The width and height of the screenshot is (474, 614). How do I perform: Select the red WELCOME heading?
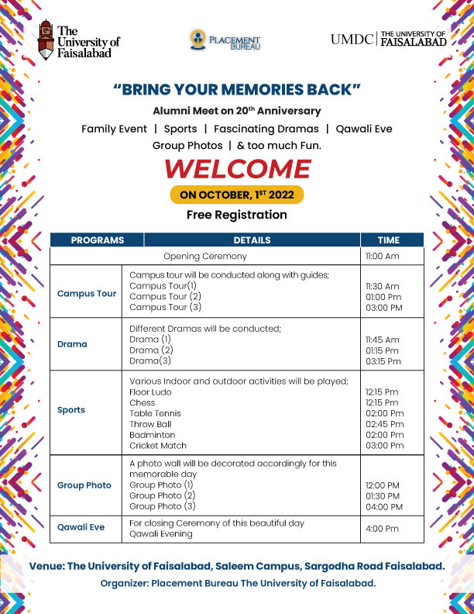pyautogui.click(x=238, y=169)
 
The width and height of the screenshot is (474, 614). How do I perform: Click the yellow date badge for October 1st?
pyautogui.click(x=237, y=195)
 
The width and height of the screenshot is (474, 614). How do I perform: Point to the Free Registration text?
pyautogui.click(x=237, y=215)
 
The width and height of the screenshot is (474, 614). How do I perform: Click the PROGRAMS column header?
pyautogui.click(x=98, y=240)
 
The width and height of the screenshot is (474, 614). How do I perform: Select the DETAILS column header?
pyautogui.click(x=252, y=240)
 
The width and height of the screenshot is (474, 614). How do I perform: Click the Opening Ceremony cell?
pyautogui.click(x=205, y=256)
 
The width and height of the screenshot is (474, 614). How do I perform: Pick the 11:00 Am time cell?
pyautogui.click(x=383, y=256)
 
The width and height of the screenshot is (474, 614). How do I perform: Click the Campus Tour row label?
pyautogui.click(x=87, y=294)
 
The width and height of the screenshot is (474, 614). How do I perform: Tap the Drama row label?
pyautogui.click(x=72, y=344)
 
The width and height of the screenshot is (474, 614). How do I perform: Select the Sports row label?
pyautogui.click(x=71, y=410)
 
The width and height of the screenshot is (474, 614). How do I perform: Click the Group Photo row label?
pyautogui.click(x=84, y=485)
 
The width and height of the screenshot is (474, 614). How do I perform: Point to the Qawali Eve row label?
pyautogui.click(x=81, y=528)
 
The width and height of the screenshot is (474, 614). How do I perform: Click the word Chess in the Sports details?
pyautogui.click(x=142, y=402)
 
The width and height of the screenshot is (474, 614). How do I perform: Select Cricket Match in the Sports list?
pyautogui.click(x=158, y=446)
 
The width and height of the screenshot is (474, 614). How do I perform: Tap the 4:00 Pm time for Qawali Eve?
pyautogui.click(x=382, y=529)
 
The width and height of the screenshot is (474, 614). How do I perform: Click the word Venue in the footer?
pyautogui.click(x=46, y=567)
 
